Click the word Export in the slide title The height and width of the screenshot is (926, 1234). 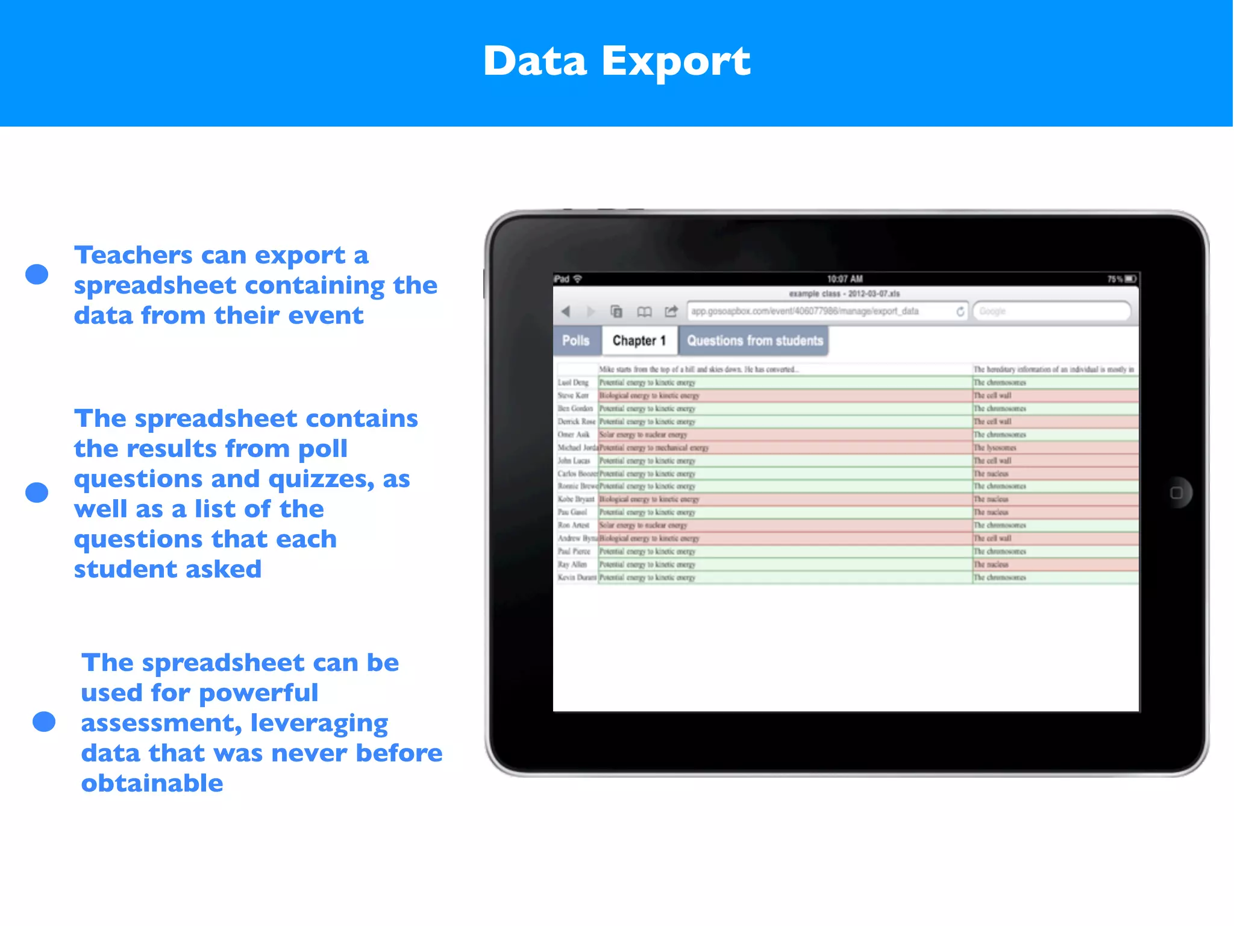(675, 62)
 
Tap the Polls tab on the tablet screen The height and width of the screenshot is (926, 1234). (575, 341)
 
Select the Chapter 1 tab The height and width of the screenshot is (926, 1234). (639, 341)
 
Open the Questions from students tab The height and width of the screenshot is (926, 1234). (754, 341)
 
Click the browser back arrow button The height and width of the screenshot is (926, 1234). (565, 311)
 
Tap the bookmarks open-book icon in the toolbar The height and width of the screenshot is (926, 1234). (644, 311)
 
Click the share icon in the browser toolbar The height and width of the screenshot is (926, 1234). (671, 311)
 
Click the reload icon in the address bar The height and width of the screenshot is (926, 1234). (960, 311)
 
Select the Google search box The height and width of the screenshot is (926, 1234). (1051, 311)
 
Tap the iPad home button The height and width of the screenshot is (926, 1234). (1176, 493)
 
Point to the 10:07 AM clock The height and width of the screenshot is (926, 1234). (844, 279)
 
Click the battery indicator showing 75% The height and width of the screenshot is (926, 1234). (1121, 279)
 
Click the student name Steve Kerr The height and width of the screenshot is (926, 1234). (573, 395)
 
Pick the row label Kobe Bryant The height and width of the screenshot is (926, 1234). (575, 499)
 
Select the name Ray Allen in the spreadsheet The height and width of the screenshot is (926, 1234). (572, 564)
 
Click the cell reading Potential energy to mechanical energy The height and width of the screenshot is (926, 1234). (654, 448)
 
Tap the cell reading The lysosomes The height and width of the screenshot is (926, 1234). (995, 448)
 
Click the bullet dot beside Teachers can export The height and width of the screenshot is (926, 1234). (37, 274)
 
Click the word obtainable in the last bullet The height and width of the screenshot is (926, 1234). (152, 783)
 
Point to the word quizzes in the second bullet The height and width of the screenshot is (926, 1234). (322, 479)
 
